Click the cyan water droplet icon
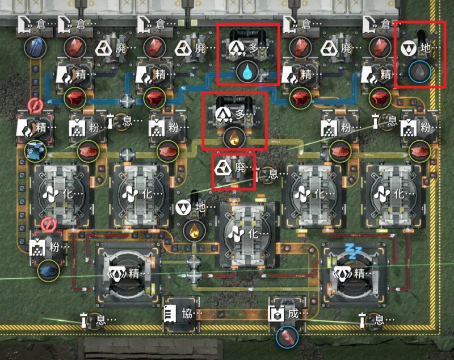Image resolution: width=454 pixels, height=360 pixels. click(247, 72)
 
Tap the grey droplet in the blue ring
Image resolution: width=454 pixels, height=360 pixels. click(419, 72)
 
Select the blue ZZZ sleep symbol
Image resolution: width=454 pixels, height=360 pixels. click(354, 251)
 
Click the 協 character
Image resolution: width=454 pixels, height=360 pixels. click(187, 314)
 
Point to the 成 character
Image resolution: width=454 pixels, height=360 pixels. click(293, 314)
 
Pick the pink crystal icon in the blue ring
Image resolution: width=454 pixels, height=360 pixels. click(287, 337)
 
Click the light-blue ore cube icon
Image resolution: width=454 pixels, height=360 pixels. click(36, 151)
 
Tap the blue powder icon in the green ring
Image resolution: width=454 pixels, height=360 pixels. click(49, 270)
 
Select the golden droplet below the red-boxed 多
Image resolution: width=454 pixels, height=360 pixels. click(234, 139)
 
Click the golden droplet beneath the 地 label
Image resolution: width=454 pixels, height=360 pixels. click(194, 231)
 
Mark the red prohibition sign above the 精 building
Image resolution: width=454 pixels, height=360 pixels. click(35, 106)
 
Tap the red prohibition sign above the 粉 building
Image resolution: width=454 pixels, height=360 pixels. click(48, 225)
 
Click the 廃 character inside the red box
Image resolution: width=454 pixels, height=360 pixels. click(240, 168)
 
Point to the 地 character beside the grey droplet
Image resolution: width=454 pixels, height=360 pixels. click(425, 48)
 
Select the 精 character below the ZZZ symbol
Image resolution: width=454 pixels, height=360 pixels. click(359, 273)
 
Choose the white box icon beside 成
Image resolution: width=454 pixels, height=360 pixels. click(276, 313)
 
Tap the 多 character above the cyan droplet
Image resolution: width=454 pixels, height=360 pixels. click(253, 48)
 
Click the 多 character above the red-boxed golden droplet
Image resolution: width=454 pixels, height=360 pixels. click(240, 114)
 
